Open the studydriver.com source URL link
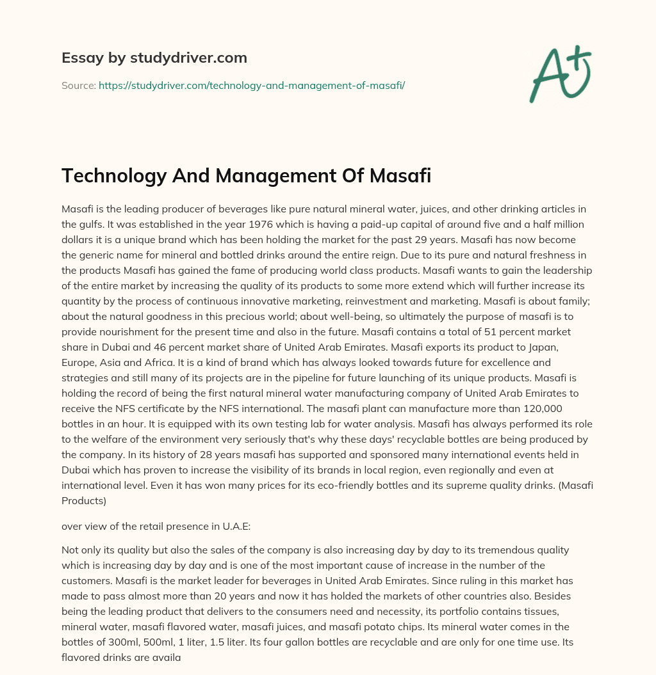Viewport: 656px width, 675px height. tap(251, 85)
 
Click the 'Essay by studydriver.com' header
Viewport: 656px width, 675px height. tap(154, 58)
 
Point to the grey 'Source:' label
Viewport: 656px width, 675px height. tap(78, 85)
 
